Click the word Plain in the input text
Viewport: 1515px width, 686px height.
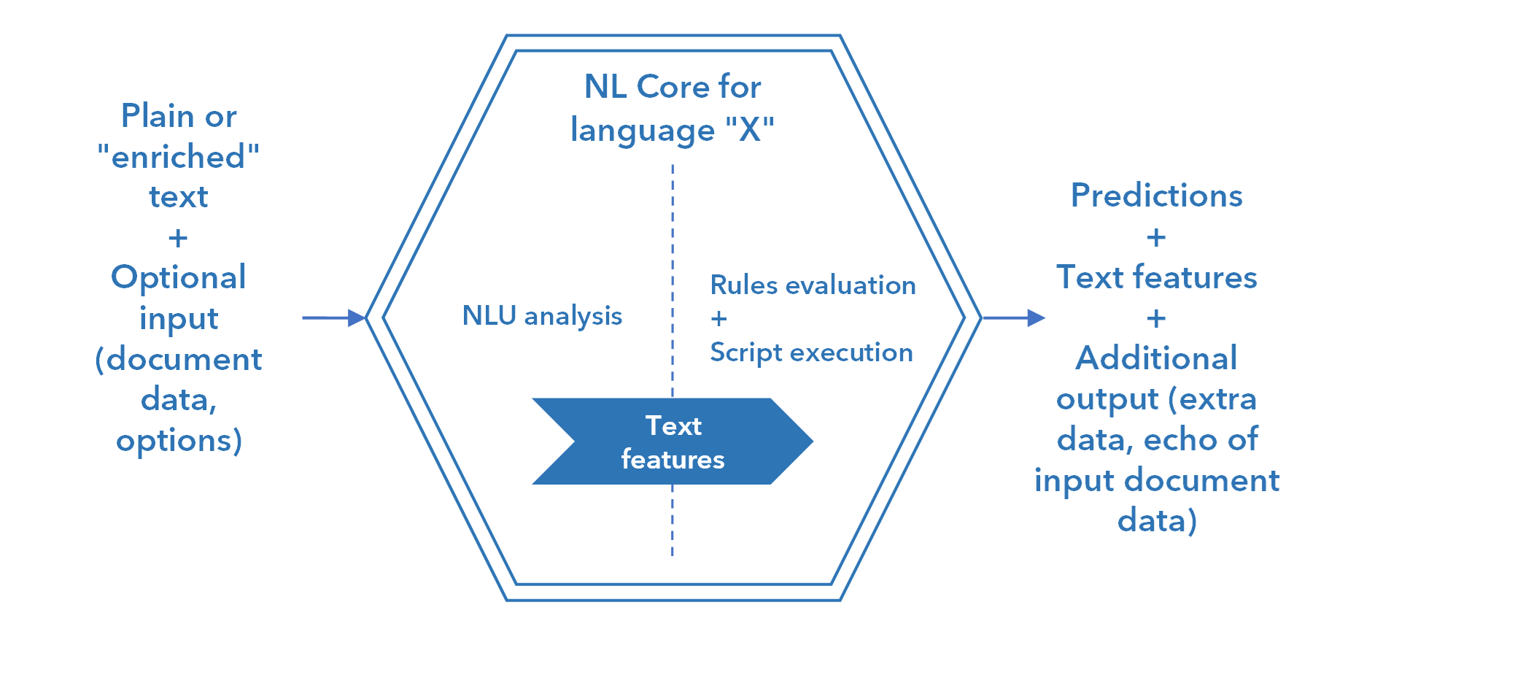(x=158, y=116)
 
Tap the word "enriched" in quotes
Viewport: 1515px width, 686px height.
(x=179, y=157)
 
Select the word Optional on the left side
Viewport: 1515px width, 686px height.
(x=179, y=277)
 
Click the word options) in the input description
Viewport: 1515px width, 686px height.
(x=179, y=440)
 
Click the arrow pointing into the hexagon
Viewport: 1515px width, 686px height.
(x=333, y=317)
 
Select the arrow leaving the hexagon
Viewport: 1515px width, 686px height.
(x=1013, y=317)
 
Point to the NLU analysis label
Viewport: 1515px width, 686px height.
(x=542, y=315)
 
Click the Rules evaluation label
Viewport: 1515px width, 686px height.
(x=813, y=285)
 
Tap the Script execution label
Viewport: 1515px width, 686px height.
(x=811, y=352)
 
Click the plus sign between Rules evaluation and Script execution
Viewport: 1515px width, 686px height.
(x=718, y=318)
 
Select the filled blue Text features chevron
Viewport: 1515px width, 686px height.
(x=673, y=442)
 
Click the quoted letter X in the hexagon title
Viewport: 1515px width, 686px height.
(x=749, y=130)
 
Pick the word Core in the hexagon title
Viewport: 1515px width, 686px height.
(x=673, y=87)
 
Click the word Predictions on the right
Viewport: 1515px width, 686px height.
(x=1156, y=196)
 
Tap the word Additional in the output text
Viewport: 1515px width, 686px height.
(x=1156, y=358)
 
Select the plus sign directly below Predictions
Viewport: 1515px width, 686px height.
(x=1156, y=237)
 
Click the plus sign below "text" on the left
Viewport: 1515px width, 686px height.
(x=178, y=238)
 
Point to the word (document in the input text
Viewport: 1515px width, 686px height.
(x=179, y=359)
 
